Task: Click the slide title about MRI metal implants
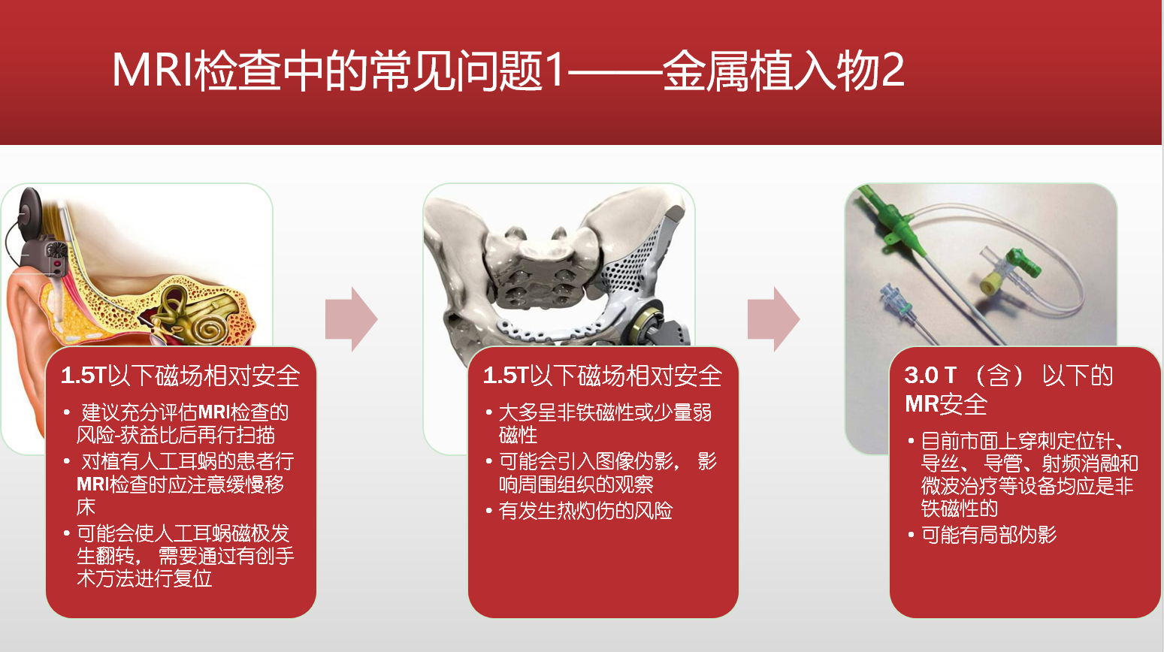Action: click(508, 71)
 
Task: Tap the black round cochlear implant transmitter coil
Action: click(29, 213)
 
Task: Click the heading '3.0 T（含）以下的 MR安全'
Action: click(1008, 390)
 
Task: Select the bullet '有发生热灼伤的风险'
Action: click(579, 511)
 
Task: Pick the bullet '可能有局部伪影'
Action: click(982, 534)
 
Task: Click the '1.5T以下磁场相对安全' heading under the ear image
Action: click(180, 376)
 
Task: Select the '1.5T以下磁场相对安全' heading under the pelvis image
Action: click(603, 376)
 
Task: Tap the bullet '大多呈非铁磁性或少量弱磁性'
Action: click(599, 424)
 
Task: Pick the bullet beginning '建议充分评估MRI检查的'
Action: click(177, 424)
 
